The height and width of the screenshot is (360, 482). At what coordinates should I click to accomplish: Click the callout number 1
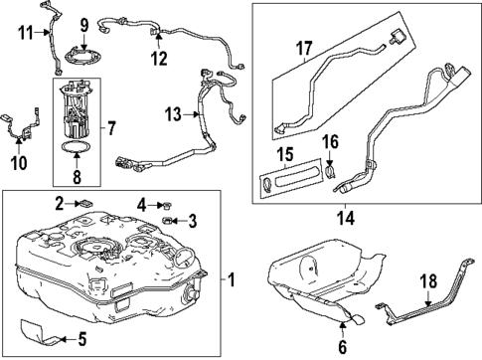(x=233, y=279)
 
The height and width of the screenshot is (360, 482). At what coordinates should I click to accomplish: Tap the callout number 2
(x=60, y=203)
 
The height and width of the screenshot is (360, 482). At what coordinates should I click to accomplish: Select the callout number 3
(x=193, y=221)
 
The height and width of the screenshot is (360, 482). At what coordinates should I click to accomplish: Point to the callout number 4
(x=143, y=205)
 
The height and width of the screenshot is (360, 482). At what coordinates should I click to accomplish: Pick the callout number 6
(x=342, y=347)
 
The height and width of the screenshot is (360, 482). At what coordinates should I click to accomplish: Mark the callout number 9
(x=84, y=24)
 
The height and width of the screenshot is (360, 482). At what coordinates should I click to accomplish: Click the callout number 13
(x=173, y=115)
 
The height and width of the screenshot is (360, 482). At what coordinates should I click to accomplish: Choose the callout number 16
(x=332, y=143)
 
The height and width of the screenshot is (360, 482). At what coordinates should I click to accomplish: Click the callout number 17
(x=303, y=46)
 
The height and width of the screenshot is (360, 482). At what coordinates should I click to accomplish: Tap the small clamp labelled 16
(x=330, y=171)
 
